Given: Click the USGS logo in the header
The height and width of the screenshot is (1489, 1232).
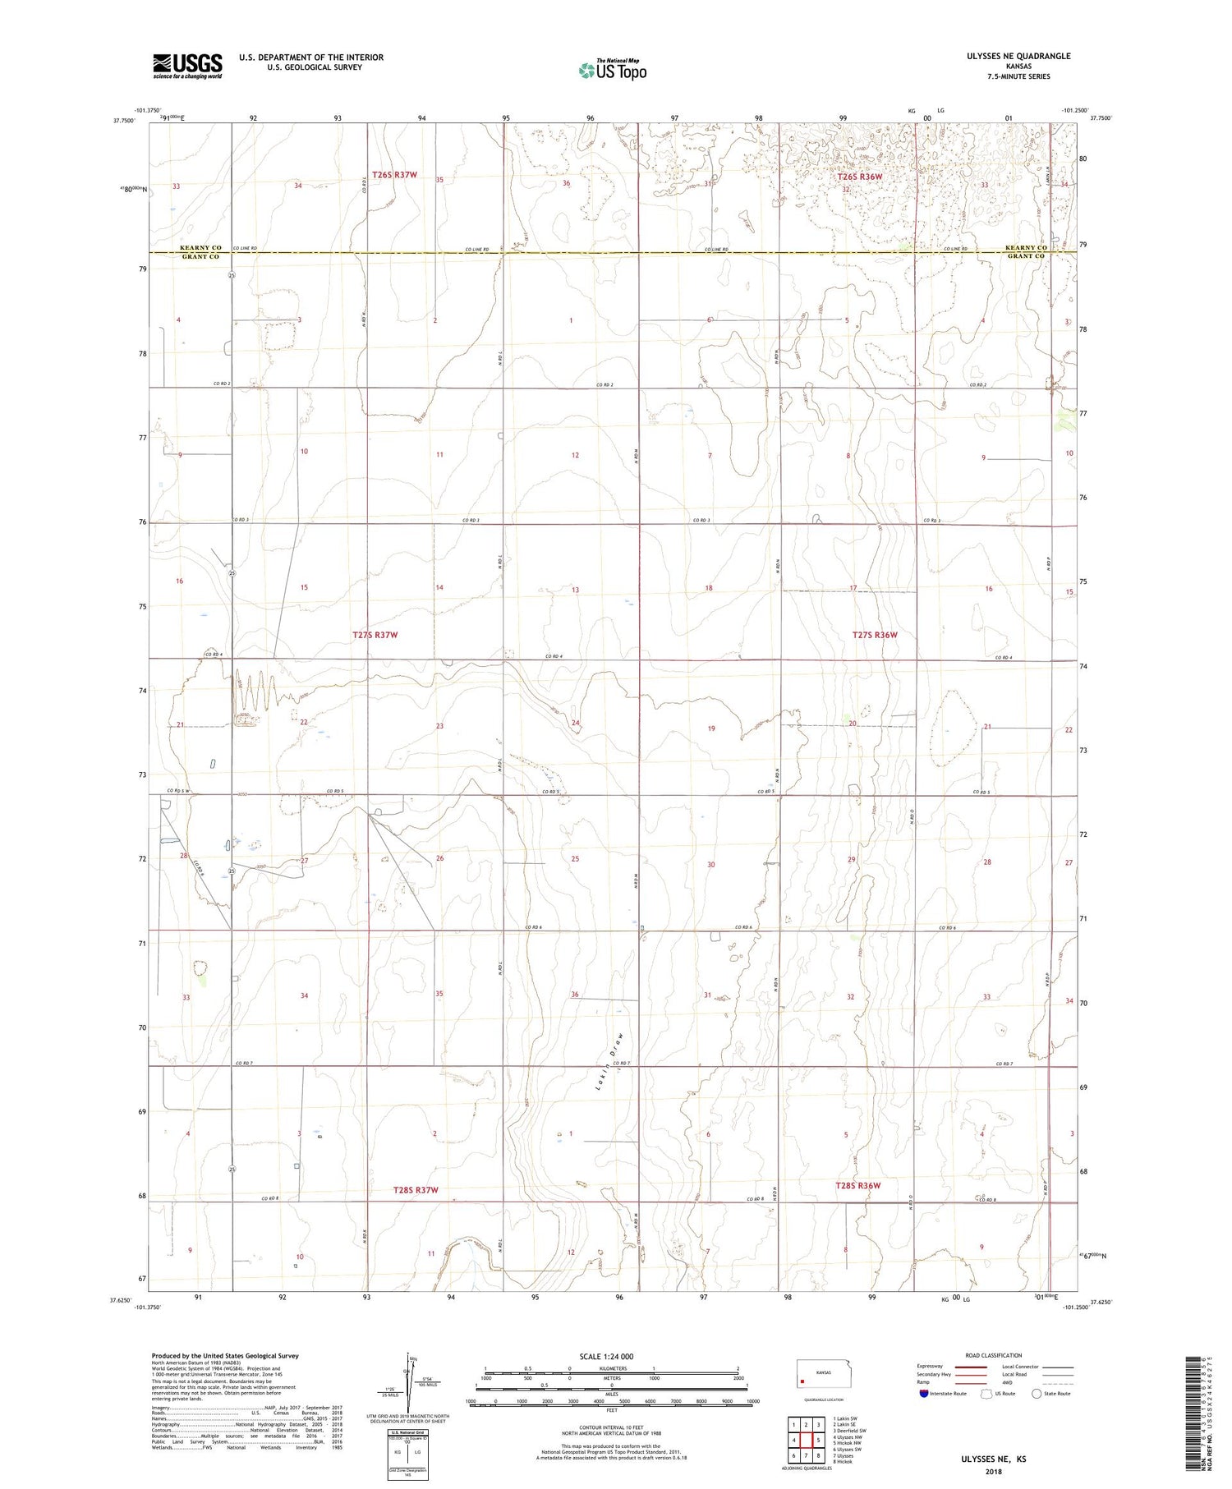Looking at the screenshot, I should (x=187, y=66).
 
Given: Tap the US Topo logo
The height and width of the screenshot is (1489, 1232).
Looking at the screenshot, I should (x=613, y=71).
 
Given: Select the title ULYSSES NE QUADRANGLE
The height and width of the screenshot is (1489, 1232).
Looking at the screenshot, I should (x=1007, y=56).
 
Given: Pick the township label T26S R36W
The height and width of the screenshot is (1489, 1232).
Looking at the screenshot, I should (x=859, y=177).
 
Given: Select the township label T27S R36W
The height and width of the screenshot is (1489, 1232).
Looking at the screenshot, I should (x=875, y=635).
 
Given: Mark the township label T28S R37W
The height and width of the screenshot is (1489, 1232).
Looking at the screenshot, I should (x=416, y=1190).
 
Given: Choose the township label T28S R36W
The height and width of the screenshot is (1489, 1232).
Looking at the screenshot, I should (x=858, y=1185).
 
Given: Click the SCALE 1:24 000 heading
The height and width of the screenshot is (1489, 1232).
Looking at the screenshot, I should (x=606, y=1356).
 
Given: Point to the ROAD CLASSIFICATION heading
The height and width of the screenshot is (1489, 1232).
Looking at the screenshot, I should (x=994, y=1355).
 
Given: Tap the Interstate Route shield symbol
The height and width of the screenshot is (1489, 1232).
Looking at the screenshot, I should (x=924, y=1393).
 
